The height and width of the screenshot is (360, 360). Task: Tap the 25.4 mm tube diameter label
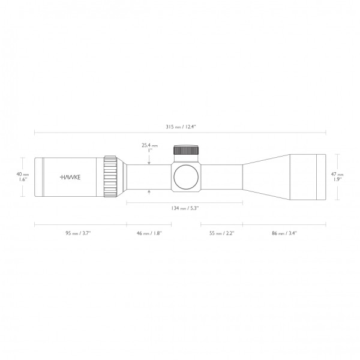coord(149,145)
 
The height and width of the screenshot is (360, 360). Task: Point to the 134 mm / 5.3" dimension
coord(184,208)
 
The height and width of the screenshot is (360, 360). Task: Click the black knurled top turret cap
coord(185,151)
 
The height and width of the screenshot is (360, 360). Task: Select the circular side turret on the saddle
coord(185,177)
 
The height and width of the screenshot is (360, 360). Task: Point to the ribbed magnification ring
coord(110,176)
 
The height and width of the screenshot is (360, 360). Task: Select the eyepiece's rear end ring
coord(38,176)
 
